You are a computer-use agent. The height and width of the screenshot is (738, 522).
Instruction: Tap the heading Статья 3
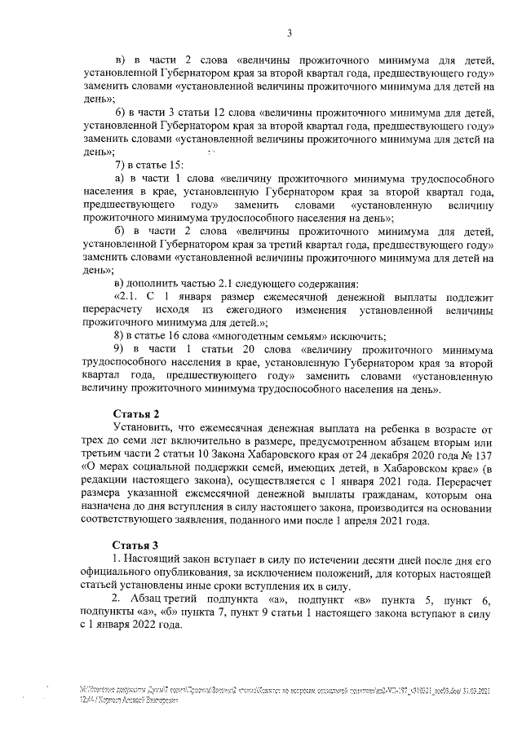pyautogui.click(x=135, y=544)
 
